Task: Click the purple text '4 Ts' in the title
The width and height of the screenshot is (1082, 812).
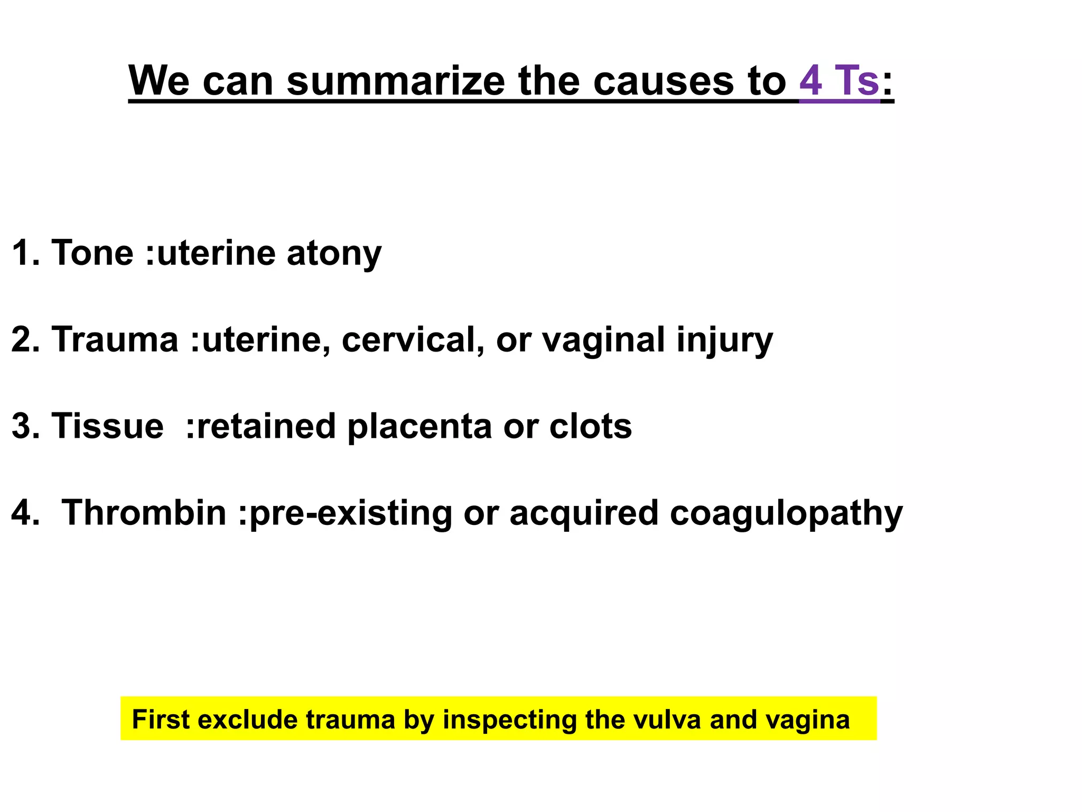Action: pos(839,80)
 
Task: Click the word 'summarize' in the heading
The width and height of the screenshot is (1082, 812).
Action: pos(396,80)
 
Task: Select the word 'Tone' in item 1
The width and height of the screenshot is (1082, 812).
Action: pos(92,253)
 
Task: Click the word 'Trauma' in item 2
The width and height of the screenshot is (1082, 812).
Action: pos(115,339)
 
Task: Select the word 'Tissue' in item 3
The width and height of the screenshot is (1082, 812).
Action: pos(107,426)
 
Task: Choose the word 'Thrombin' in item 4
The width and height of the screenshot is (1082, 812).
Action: pos(144,513)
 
